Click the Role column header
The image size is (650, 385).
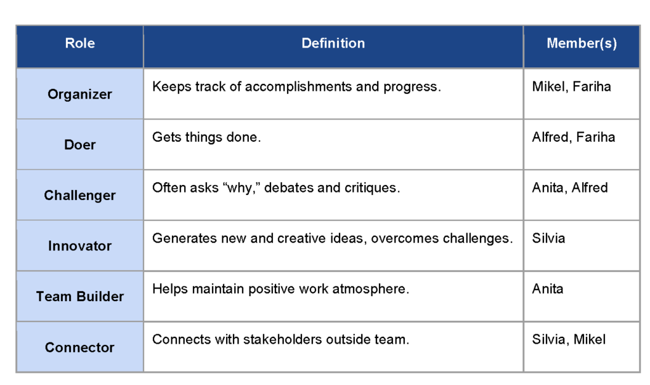pyautogui.click(x=80, y=43)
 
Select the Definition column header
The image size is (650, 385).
pyautogui.click(x=333, y=43)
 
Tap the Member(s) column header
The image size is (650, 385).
pyautogui.click(x=581, y=43)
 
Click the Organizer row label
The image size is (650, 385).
pyautogui.click(x=80, y=94)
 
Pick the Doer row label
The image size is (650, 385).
pyautogui.click(x=80, y=145)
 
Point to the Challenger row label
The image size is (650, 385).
pyautogui.click(x=80, y=195)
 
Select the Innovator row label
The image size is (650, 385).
pyautogui.click(x=80, y=246)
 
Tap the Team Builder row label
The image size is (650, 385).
pyautogui.click(x=80, y=296)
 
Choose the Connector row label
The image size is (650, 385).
pyautogui.click(x=80, y=348)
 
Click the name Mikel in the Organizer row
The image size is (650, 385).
pyautogui.click(x=548, y=86)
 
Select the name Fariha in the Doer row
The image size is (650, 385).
pyautogui.click(x=595, y=137)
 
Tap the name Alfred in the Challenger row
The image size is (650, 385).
pyautogui.click(x=590, y=187)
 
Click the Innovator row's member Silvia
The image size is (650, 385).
pyautogui.click(x=548, y=238)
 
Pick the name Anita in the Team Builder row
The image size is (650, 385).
pyautogui.click(x=548, y=289)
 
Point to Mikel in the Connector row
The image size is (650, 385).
pyautogui.click(x=590, y=339)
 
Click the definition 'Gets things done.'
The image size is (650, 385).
pyautogui.click(x=206, y=137)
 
